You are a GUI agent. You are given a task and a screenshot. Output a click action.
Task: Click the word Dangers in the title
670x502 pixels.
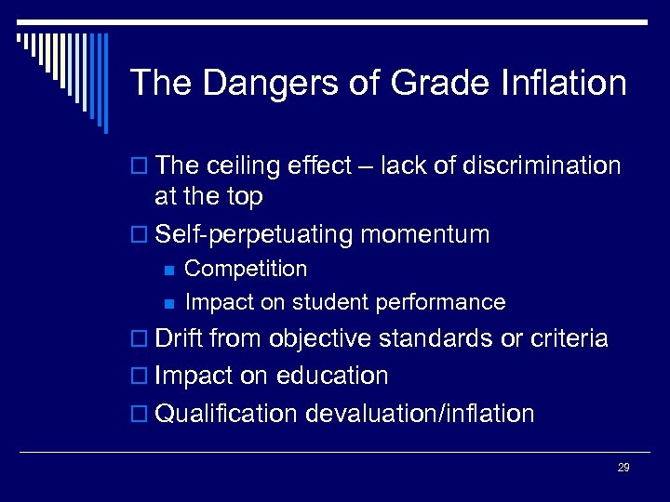pyautogui.click(x=245, y=84)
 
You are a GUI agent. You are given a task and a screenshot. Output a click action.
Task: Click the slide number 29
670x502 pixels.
pyautogui.click(x=623, y=468)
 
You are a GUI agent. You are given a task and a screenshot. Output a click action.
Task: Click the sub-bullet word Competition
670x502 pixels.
pyautogui.click(x=246, y=270)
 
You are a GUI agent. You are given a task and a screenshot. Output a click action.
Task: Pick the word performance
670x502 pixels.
pyautogui.click(x=451, y=303)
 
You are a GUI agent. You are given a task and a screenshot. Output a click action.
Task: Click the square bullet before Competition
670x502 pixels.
pyautogui.click(x=167, y=270)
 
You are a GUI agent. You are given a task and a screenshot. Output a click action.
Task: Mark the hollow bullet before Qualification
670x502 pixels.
pyautogui.click(x=141, y=415)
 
